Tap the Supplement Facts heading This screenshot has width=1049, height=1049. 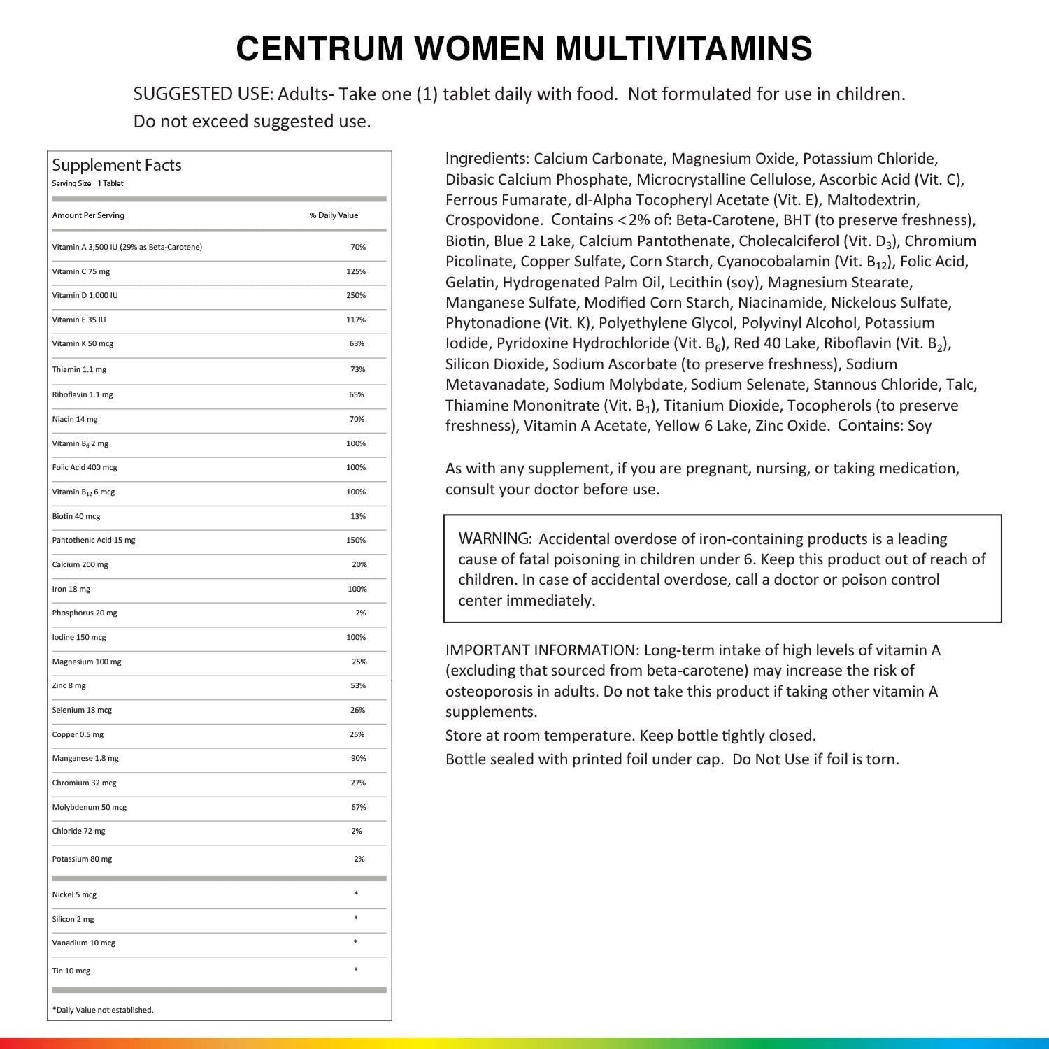click(x=117, y=165)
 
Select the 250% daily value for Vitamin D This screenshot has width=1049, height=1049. click(x=356, y=295)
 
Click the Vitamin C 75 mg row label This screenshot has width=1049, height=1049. click(x=80, y=271)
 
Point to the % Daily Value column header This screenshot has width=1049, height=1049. click(x=334, y=215)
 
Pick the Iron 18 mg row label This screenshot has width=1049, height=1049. click(x=71, y=589)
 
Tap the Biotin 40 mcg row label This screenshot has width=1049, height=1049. click(x=76, y=516)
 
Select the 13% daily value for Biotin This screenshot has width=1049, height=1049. click(x=358, y=516)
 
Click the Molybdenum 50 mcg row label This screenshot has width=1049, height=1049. click(x=90, y=807)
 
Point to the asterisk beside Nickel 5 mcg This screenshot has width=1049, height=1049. click(x=356, y=894)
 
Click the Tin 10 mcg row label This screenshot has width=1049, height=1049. click(x=71, y=971)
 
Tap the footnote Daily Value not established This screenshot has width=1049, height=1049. click(x=103, y=1010)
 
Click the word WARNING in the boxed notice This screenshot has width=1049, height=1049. click(x=494, y=538)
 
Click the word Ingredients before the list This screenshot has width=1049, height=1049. click(x=487, y=158)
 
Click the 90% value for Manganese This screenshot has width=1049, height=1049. click(x=358, y=758)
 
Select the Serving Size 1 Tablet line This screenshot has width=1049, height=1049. click(x=87, y=183)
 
